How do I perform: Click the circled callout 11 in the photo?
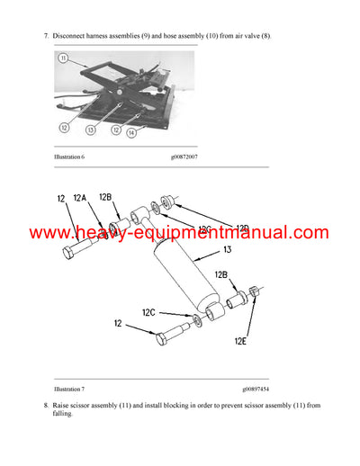click(x=63, y=58)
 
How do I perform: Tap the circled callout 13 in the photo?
click(x=91, y=130)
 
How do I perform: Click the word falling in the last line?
click(x=64, y=417)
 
